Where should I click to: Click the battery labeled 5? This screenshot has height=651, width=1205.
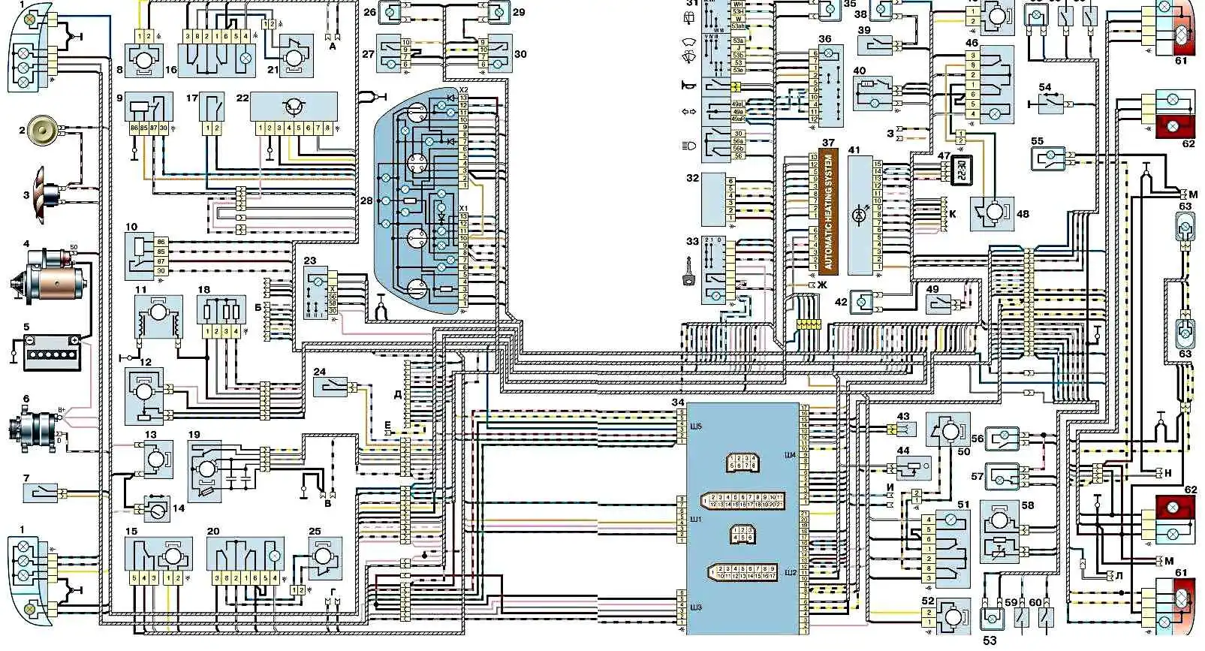(51, 352)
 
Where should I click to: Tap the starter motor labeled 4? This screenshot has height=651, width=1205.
(51, 277)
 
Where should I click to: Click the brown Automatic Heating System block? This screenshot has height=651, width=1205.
(829, 212)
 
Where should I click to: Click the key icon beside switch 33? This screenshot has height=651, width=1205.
(687, 280)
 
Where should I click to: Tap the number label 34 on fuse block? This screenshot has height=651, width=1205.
(678, 403)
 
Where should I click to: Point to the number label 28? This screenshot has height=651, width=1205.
(366, 200)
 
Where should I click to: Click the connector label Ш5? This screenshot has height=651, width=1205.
(695, 426)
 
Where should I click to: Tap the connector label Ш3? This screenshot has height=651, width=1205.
(695, 607)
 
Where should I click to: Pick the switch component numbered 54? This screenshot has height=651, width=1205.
(1050, 102)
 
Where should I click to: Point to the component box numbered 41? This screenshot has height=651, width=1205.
(860, 215)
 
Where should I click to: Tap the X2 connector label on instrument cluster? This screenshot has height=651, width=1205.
(463, 89)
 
